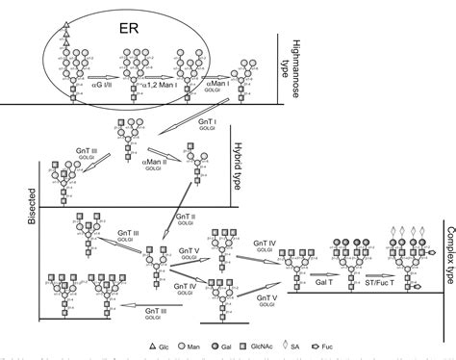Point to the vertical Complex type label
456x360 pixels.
click(x=448, y=229)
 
